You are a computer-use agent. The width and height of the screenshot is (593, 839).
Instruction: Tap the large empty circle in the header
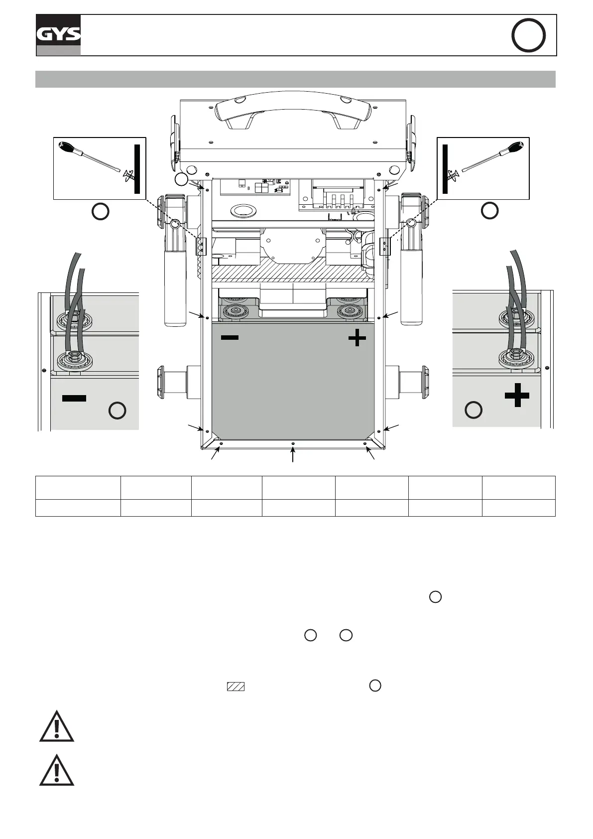point(528,35)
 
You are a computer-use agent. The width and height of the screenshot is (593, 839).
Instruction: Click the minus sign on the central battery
point(230,338)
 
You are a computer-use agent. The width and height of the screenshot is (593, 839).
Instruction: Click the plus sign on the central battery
point(357,339)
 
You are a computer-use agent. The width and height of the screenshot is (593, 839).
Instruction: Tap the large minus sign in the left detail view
point(74,398)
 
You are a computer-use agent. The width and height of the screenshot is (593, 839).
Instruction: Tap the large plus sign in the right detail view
point(517,395)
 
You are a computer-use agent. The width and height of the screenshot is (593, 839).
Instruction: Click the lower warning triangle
point(57,771)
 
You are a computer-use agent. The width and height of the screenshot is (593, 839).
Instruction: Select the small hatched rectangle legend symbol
point(236,686)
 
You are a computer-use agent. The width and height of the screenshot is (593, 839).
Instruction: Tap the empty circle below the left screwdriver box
point(101,211)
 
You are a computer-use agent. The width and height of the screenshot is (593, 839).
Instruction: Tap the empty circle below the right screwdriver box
point(489,211)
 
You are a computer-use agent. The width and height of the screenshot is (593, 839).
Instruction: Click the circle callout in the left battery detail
point(118,411)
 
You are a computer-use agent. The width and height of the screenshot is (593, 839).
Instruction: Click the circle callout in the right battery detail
point(473,410)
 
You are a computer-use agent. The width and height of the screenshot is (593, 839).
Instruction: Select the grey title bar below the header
point(295,79)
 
